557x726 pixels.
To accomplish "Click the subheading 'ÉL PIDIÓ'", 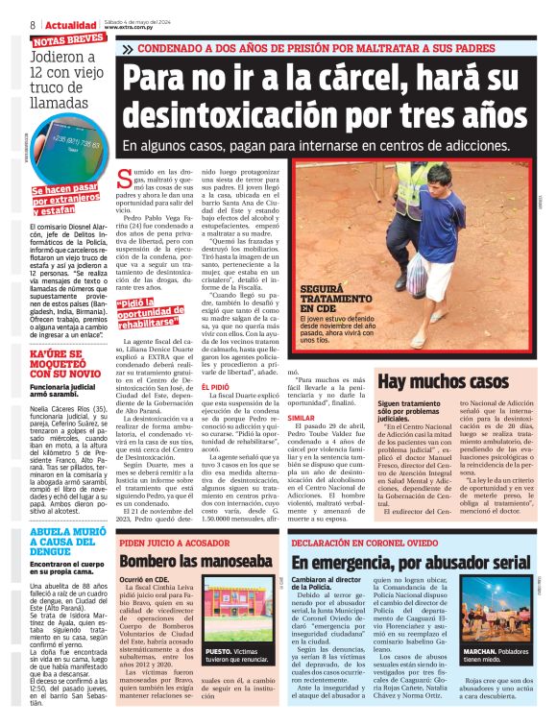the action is (x=215, y=360).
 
